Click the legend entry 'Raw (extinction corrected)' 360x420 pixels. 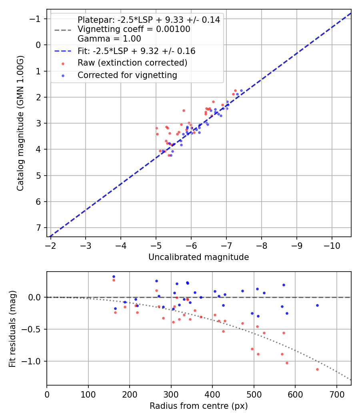pos(132,63)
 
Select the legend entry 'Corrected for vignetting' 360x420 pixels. pos(127,75)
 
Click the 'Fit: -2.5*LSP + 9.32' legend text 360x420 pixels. pos(136,51)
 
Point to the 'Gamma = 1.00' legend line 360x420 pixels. pos(109,39)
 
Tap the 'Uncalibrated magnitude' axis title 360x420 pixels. pos(198,257)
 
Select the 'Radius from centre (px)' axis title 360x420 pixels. pos(198,406)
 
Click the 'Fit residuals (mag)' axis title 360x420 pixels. pos(12,328)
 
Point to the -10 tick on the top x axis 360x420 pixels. pos(332,245)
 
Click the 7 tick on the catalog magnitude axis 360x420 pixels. pos(38,228)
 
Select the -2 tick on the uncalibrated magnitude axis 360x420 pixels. pos(50,245)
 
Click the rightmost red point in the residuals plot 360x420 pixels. pos(317,369)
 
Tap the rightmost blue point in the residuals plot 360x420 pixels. pos(317,305)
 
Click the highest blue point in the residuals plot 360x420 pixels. pos(114,276)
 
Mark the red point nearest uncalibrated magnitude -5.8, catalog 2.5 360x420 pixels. pos(184,110)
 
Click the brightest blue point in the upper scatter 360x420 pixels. pos(241,91)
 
